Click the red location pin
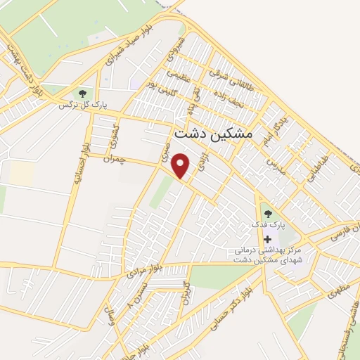(x=182, y=165)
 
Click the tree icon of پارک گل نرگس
(x=82, y=93)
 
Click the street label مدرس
(x=272, y=166)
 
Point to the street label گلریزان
(x=186, y=290)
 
